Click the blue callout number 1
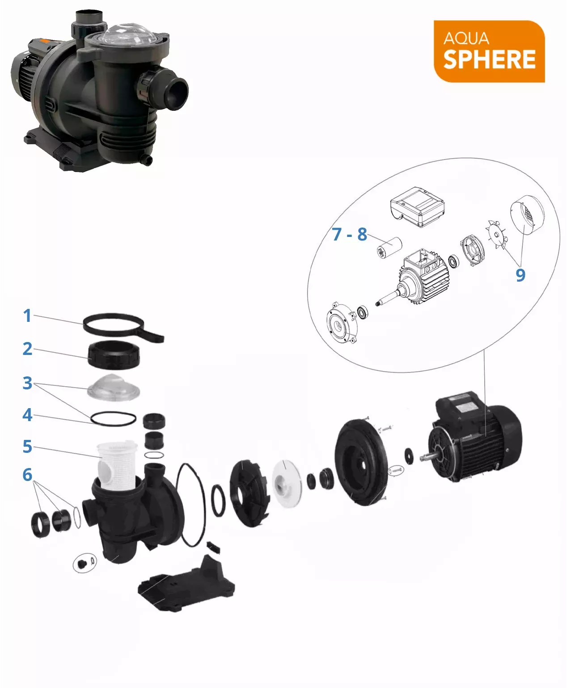point(27,316)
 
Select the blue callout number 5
point(27,447)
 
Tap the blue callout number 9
point(520,275)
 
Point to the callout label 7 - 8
point(349,235)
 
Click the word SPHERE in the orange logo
point(489,59)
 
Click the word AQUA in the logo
point(466,38)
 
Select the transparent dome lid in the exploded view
point(114,388)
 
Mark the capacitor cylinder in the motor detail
point(389,248)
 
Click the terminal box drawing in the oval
point(417,207)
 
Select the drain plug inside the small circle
point(81,563)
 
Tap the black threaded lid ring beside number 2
point(114,355)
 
